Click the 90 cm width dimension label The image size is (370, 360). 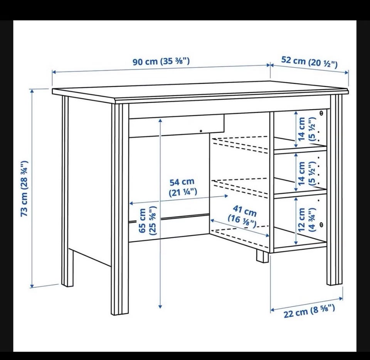tap(161, 61)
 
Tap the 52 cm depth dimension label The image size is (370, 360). tap(309, 62)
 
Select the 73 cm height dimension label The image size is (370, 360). tap(25, 189)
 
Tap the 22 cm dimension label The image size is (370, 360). tap(309, 311)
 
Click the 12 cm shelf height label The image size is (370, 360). tap(306, 220)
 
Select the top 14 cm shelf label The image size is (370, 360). tap(306, 129)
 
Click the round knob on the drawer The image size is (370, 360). tap(201, 131)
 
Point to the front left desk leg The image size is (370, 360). tap(120, 209)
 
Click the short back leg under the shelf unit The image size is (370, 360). tap(262, 257)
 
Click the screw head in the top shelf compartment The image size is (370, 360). tap(321, 113)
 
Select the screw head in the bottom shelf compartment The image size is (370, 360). tap(321, 224)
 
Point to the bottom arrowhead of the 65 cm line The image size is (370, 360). tap(160, 306)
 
